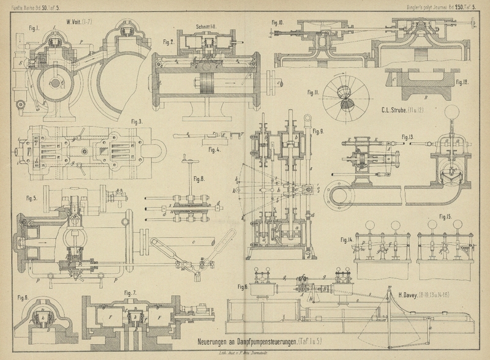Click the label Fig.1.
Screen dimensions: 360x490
click(x=34, y=28)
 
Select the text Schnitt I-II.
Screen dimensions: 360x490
click(x=207, y=27)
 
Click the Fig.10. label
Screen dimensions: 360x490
click(x=277, y=24)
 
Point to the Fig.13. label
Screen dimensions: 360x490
click(x=410, y=135)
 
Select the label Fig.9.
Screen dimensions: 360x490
click(x=317, y=132)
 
